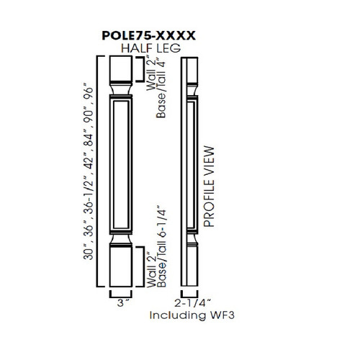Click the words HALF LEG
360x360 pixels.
tap(150, 48)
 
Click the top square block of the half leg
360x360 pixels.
tap(120, 69)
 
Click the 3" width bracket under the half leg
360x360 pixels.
tap(120, 293)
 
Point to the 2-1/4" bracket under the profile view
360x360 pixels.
tap(189, 293)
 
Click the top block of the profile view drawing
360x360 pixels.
tap(189, 69)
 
